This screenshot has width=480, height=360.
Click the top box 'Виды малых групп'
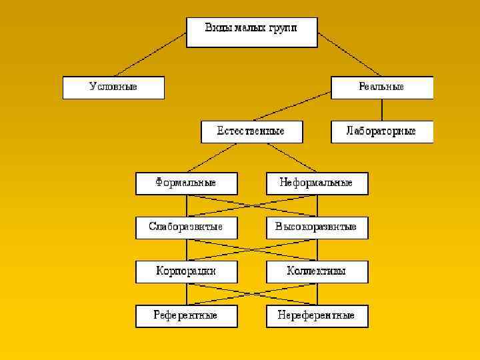click(251, 32)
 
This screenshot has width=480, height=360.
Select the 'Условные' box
click(113, 87)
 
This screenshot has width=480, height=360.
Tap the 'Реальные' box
click(382, 87)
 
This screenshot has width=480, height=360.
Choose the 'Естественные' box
click(251, 131)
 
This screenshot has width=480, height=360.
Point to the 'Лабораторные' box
click(382, 131)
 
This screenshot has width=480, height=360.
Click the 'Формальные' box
click(186, 183)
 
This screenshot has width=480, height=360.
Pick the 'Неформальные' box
click(317, 183)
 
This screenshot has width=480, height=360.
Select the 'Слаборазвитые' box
click(186, 227)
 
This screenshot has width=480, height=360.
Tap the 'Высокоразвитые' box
click(317, 227)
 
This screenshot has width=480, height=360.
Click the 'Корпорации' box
click(186, 272)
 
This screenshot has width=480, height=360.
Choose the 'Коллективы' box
click(317, 272)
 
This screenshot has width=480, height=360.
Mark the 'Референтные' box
click(186, 316)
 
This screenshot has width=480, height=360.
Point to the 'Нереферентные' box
click(317, 316)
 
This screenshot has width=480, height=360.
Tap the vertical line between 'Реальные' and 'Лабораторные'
click(382, 110)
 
